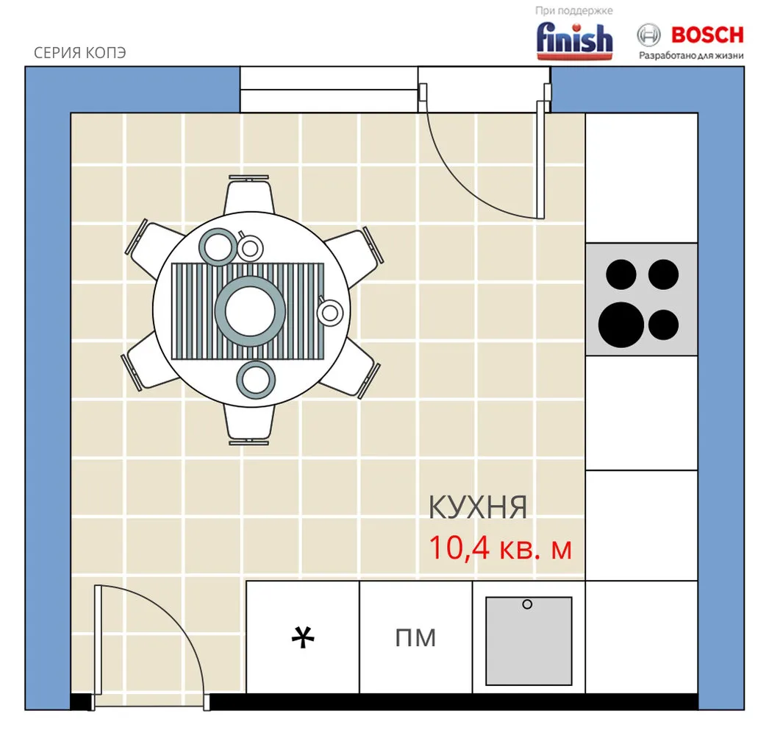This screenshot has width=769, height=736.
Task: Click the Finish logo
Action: pos(574,40)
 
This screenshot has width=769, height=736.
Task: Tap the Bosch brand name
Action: pos(707,35)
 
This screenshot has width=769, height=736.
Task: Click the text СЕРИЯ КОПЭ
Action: pos(80,52)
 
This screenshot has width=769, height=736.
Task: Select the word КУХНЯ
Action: pos(478,507)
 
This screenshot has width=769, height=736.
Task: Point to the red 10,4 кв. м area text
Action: pos(501,548)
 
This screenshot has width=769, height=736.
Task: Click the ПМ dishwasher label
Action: pos(415,638)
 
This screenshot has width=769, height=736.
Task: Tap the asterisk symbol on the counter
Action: pos(303,637)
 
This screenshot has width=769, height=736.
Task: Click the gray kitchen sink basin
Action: pos(529,641)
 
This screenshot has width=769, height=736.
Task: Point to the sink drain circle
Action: pos(527,604)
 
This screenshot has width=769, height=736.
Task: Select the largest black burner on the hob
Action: pos(621,325)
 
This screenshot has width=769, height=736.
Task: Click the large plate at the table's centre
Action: pos(250,311)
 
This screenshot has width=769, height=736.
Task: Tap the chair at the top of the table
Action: pos(248,194)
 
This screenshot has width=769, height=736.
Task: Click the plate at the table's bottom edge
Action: pos(256,380)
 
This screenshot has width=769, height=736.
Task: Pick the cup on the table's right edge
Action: pos(329,312)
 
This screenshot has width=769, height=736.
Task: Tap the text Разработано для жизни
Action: pos(691,55)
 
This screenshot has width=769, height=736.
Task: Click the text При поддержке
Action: pos(573,11)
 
